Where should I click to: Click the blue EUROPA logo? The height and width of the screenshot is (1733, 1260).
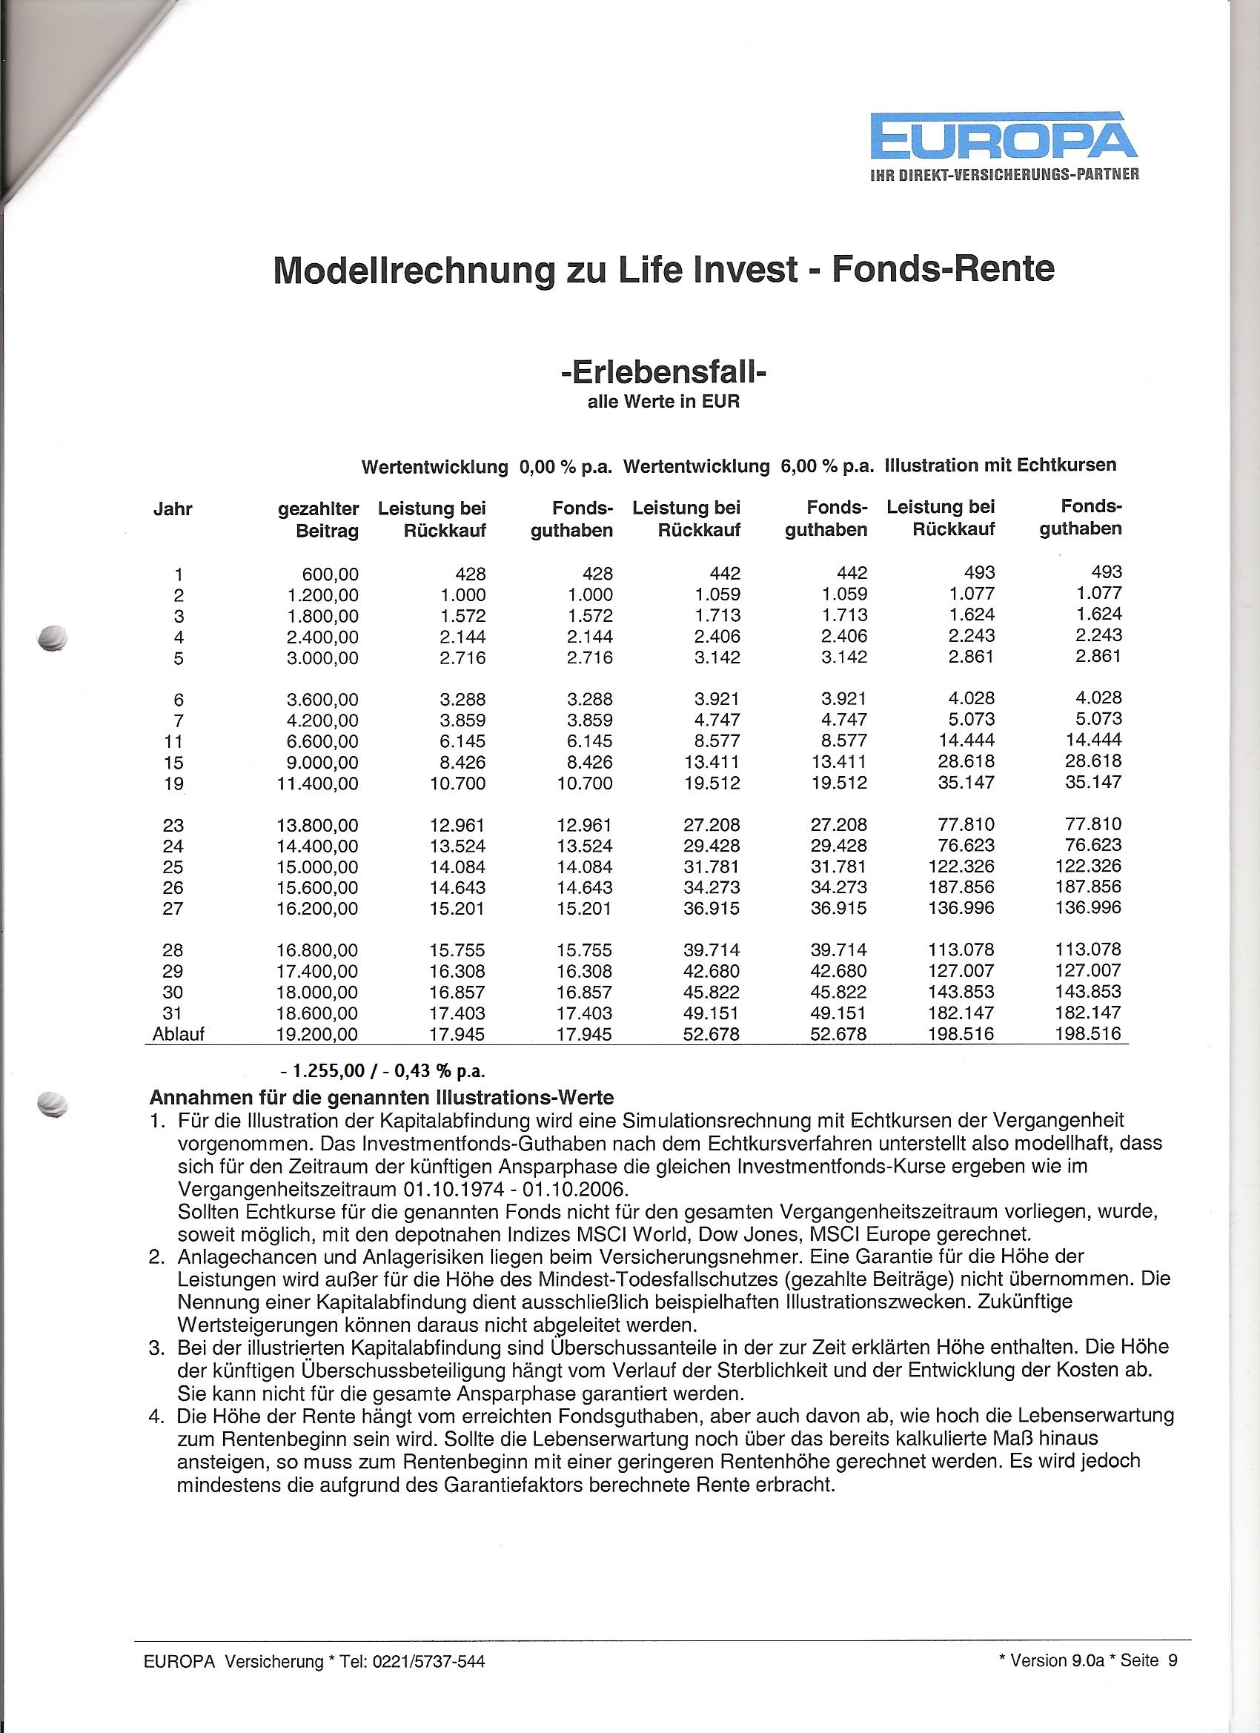point(1005,139)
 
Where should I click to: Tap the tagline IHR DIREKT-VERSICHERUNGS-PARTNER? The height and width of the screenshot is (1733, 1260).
point(1005,174)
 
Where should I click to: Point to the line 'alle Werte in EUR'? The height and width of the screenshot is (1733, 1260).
point(663,402)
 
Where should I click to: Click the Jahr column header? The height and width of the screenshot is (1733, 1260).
point(173,509)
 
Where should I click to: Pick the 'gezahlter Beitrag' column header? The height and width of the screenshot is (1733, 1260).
point(319,520)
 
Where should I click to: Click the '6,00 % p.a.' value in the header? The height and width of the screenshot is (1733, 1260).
point(826,467)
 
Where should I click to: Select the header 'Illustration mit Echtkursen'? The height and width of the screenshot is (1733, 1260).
point(1000,465)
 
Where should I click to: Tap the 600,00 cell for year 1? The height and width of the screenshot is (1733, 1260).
point(330,574)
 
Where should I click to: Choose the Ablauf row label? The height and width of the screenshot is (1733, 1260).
point(179,1035)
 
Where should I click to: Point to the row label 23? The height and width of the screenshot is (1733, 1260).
point(173,825)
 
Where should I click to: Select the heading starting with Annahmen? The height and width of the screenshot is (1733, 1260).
point(381,1098)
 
